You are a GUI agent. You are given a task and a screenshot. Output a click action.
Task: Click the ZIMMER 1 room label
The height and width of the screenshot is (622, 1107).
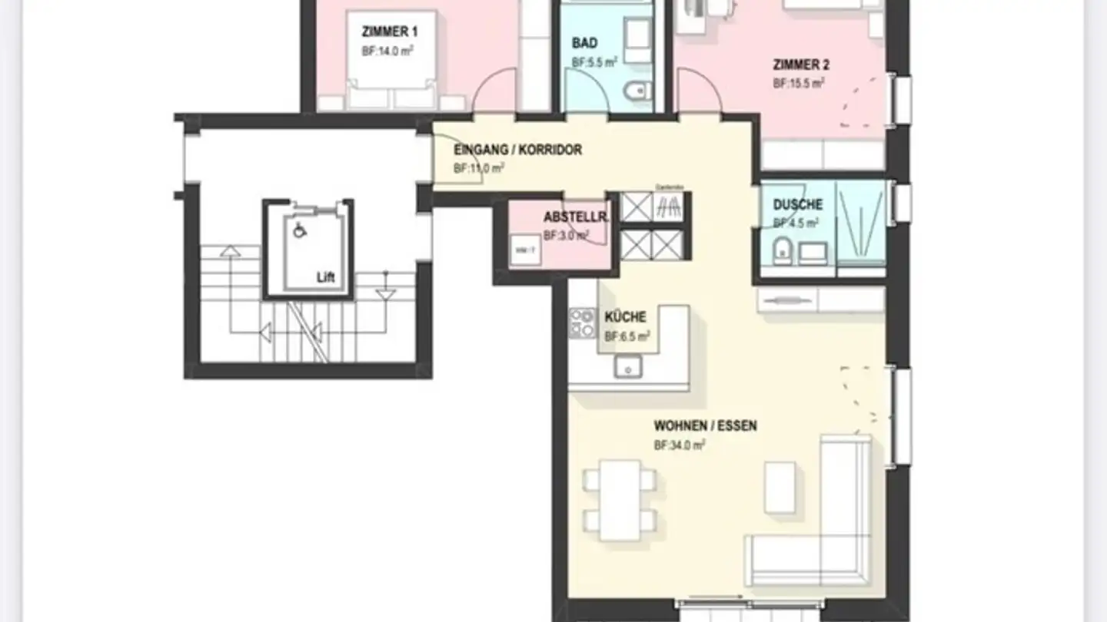tap(390, 31)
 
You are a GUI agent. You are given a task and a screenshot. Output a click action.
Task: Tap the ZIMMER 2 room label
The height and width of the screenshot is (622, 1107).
tap(801, 65)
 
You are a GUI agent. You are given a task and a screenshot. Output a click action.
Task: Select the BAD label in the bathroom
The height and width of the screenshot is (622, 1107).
tap(584, 43)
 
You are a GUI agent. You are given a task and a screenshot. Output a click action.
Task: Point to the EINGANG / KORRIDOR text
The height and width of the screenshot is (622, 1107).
tap(517, 150)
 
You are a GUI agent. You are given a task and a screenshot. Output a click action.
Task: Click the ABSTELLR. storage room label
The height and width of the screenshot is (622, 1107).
tap(575, 217)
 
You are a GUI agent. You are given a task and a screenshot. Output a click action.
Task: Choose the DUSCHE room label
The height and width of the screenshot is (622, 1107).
tap(797, 205)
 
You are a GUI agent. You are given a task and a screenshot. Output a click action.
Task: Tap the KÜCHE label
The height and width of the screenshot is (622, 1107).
tap(625, 317)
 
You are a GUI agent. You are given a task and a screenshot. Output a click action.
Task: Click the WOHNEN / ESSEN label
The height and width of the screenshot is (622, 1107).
tap(705, 425)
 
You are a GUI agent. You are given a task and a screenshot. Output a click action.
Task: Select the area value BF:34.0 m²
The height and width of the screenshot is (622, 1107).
tap(680, 445)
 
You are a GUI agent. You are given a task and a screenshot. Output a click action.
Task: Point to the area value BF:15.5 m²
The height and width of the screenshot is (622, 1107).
tap(799, 84)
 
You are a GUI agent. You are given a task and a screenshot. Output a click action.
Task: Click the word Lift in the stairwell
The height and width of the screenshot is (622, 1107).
tap(326, 278)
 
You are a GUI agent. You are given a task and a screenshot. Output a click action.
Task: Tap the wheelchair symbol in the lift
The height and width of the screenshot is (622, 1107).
tap(300, 228)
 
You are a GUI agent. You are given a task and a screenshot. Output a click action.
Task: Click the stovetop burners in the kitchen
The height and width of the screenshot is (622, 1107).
tap(582, 323)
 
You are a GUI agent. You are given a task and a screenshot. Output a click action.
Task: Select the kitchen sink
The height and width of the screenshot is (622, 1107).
tap(627, 367)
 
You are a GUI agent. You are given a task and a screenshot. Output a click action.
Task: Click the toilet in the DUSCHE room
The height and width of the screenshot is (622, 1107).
tap(783, 250)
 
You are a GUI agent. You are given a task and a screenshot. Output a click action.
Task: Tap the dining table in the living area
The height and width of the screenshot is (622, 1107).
tap(620, 499)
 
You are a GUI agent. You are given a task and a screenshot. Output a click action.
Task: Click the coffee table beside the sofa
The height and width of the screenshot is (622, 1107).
tap(780, 488)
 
